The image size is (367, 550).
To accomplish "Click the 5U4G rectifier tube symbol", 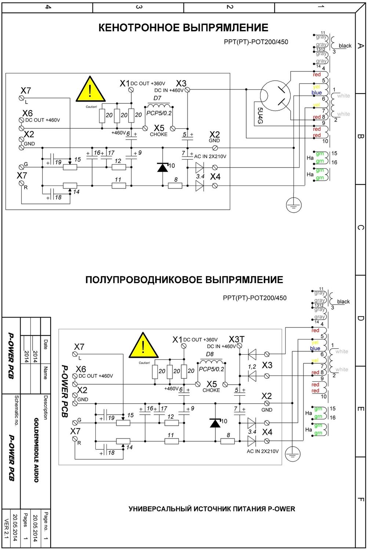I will (275, 96).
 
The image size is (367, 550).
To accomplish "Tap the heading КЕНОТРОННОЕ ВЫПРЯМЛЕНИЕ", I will (183, 28).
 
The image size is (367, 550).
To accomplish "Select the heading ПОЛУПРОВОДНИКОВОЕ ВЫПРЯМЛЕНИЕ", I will (184, 280).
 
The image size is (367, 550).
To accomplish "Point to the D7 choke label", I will (157, 98).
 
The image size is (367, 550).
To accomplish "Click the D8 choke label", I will (210, 354).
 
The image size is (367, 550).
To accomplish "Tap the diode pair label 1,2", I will (252, 367).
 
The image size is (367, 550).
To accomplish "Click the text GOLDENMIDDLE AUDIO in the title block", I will (36, 450).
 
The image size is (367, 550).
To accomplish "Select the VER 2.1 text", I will (6, 528).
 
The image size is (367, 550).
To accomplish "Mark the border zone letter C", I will (360, 228).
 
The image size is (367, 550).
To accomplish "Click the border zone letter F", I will (360, 499).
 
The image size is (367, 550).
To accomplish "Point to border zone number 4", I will (48, 7).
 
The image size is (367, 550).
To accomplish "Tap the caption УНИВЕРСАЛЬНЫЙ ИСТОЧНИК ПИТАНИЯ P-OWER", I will (212, 509).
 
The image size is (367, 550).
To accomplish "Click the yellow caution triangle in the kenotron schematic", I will (90, 90).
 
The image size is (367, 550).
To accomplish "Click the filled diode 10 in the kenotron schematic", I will (163, 167).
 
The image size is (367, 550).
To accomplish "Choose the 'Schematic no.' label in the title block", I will (16, 410).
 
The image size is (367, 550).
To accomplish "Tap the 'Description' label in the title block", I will (46, 407).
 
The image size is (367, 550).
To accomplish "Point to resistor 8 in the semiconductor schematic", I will (228, 441).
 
